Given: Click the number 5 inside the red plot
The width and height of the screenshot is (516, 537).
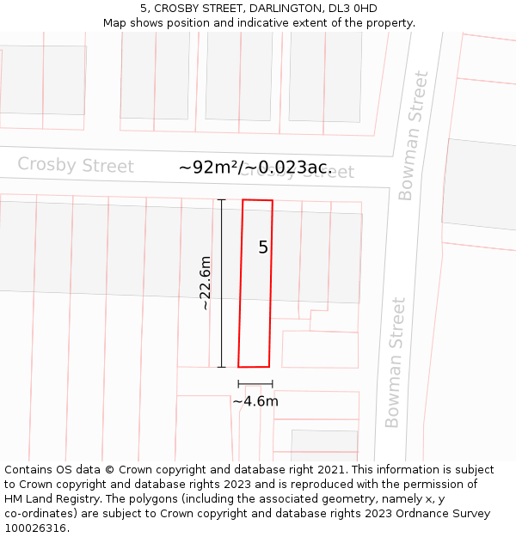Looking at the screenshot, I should coord(263,247).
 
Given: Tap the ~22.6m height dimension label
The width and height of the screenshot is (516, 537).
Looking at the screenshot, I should coord(205,284).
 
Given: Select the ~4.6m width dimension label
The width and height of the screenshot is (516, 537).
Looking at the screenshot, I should coord(255,401).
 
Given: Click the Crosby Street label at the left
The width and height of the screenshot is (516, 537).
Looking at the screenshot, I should coord(76,165).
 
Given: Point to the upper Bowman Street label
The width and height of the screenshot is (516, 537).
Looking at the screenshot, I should coord(413,136).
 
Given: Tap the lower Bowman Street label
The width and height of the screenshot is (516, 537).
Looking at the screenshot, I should coord(395,362).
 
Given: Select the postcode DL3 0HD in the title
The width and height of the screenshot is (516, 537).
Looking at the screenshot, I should coord(353,9).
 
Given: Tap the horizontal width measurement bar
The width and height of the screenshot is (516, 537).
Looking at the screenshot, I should coord(255,384).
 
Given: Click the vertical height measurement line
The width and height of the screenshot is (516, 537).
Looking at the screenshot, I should coord(222,284).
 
